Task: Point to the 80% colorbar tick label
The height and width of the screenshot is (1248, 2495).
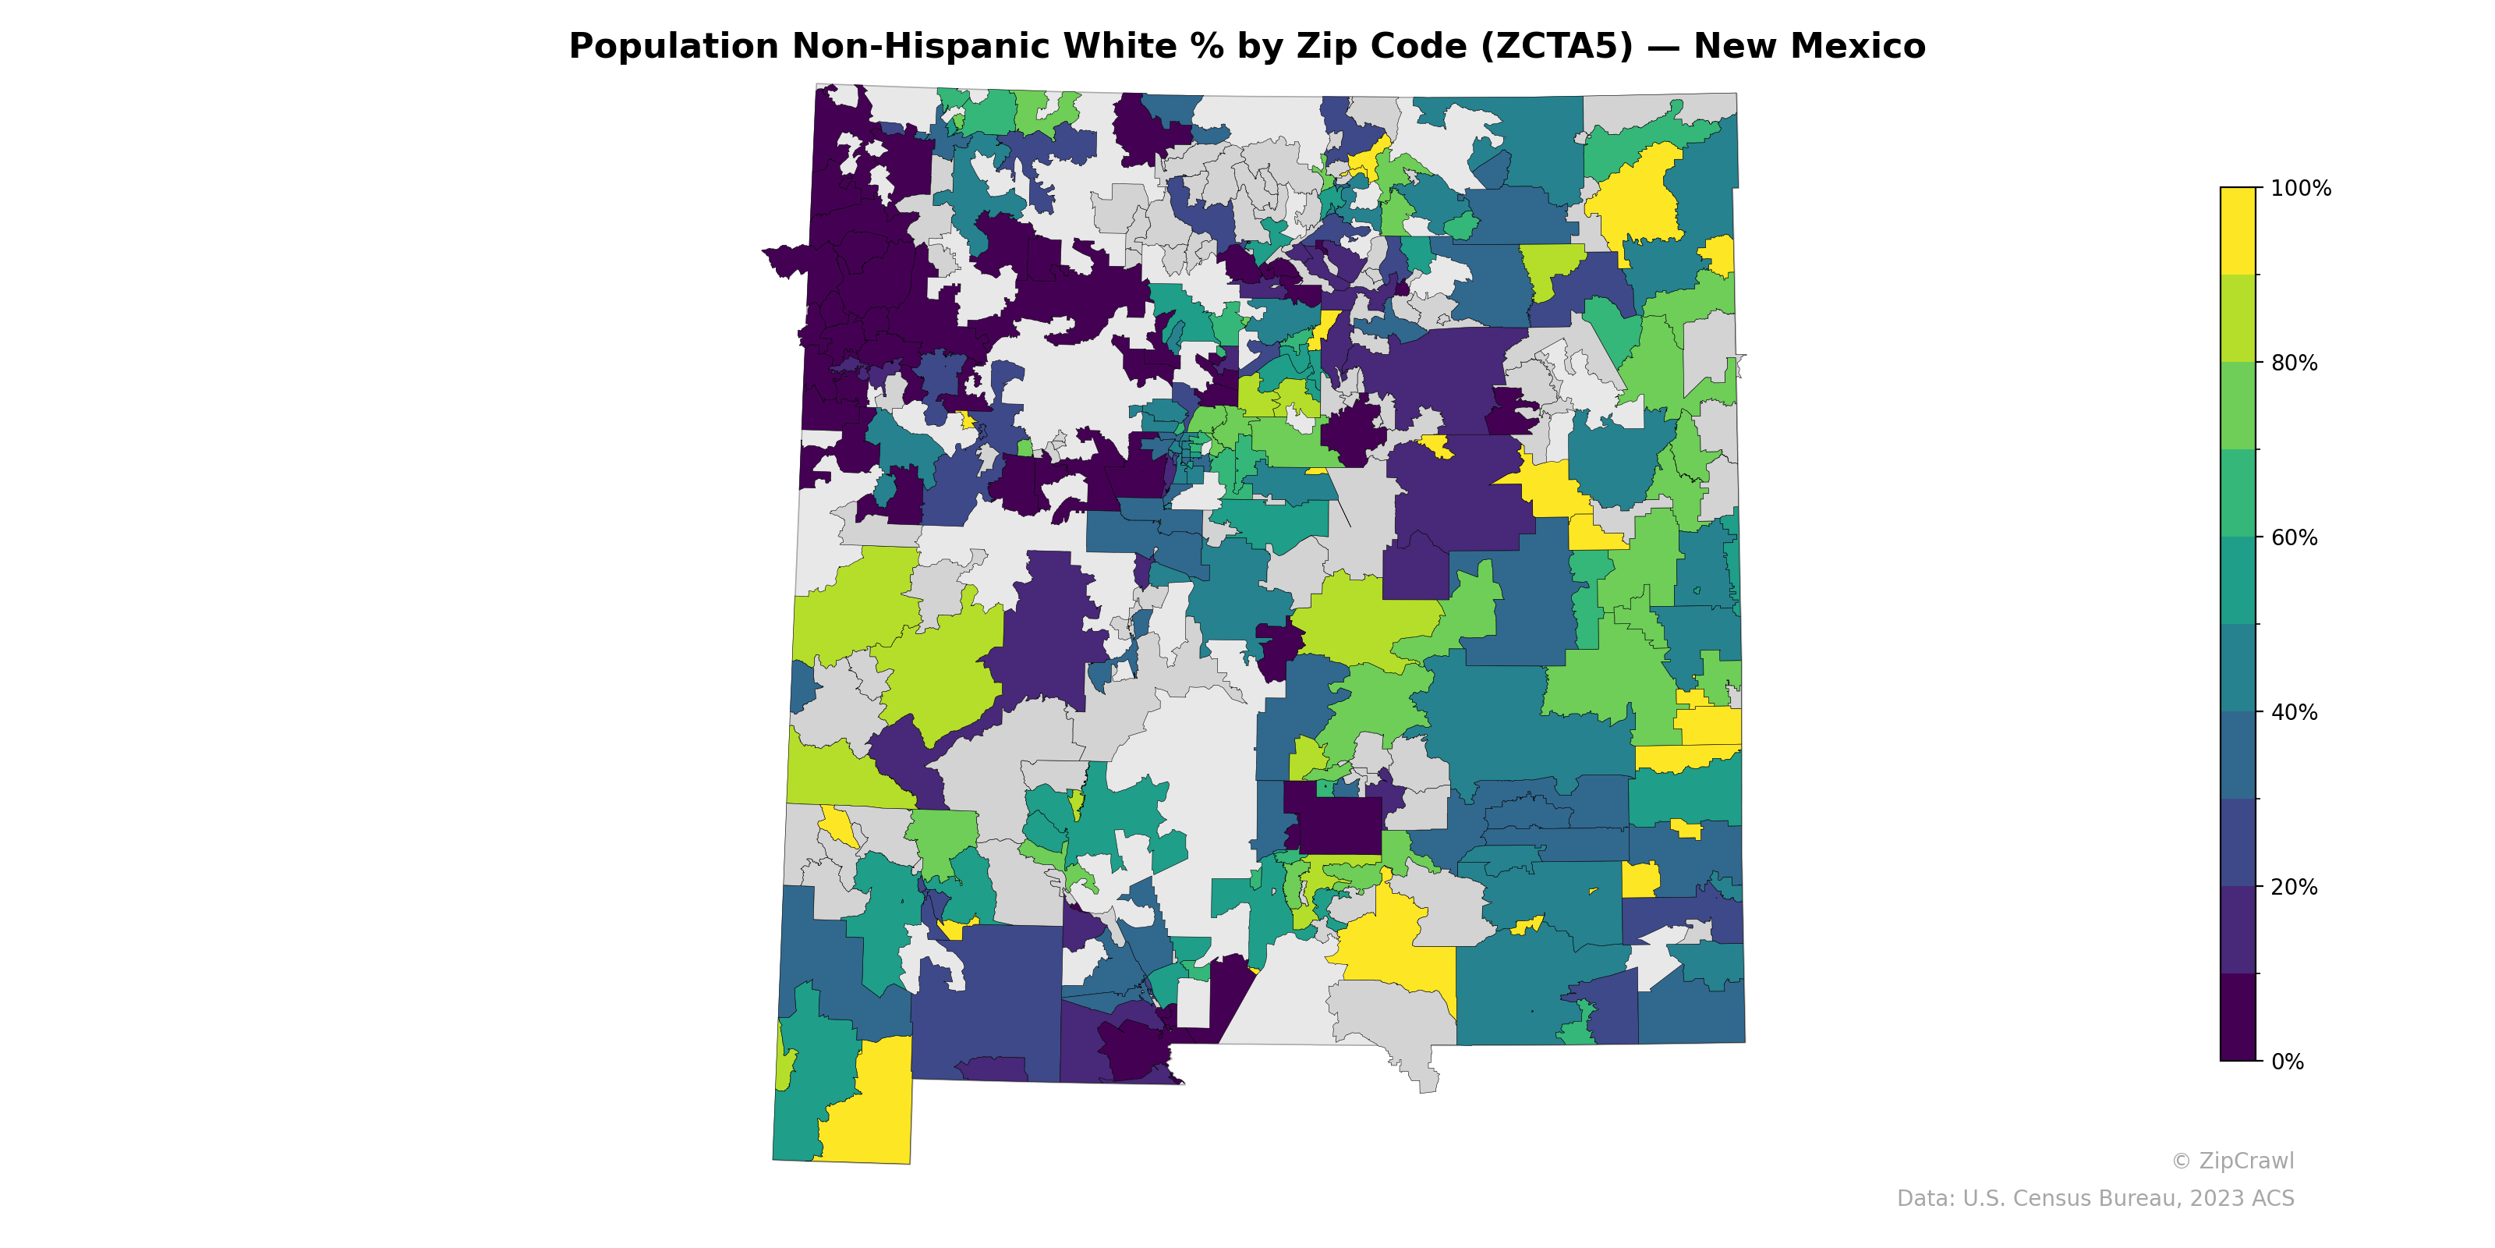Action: point(2295,363)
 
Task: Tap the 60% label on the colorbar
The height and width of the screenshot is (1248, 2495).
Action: point(2295,537)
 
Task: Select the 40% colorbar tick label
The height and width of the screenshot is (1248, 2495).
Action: point(2295,712)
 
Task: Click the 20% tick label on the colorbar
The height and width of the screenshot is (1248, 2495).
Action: point(2295,887)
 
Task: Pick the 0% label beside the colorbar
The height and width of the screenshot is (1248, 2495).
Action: point(2288,1062)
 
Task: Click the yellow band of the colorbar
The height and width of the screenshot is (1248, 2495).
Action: point(2238,231)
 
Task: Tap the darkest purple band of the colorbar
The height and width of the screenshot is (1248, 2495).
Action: point(2238,1017)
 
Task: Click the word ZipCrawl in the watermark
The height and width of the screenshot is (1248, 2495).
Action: point(2246,1161)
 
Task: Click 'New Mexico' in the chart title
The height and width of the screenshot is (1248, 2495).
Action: point(1809,47)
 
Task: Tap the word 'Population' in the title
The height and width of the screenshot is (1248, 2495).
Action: point(673,47)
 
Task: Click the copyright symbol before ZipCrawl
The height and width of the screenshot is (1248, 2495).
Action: point(2180,1161)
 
